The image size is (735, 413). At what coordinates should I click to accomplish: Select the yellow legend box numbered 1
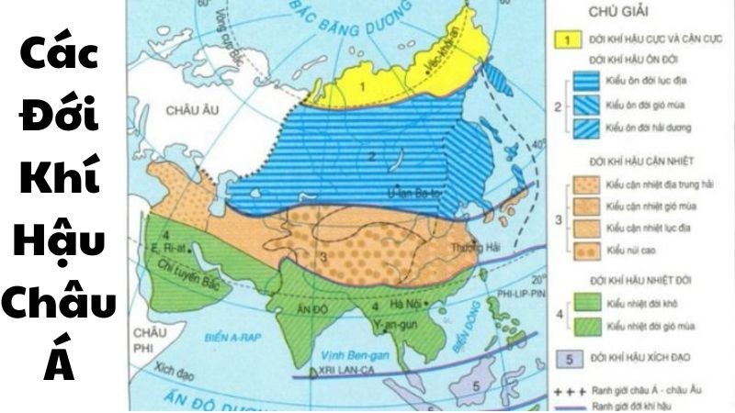pos(570,40)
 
